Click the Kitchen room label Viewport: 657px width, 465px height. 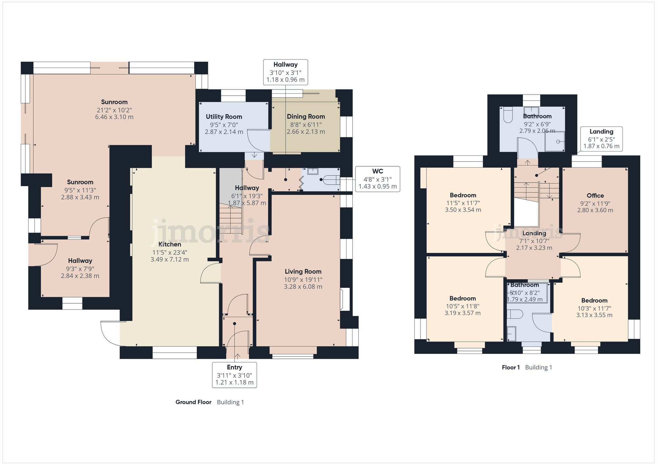170,244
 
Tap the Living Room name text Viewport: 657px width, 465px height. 303,271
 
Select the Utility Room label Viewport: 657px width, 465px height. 224,117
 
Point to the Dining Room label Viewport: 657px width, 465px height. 306,116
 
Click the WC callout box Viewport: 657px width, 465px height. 377,179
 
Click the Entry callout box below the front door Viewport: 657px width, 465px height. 234,375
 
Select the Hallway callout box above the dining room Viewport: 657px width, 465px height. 285,72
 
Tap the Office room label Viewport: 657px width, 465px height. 595,196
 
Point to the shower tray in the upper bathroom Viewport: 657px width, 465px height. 555,142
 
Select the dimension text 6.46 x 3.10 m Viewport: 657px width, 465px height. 114,117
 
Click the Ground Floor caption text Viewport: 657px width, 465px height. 193,402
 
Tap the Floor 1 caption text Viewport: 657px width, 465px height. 510,367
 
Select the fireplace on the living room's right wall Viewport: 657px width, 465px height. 345,299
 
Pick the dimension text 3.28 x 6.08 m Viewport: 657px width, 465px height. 303,287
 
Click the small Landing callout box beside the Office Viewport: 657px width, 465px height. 601,139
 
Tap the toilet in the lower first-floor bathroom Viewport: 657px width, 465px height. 514,314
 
